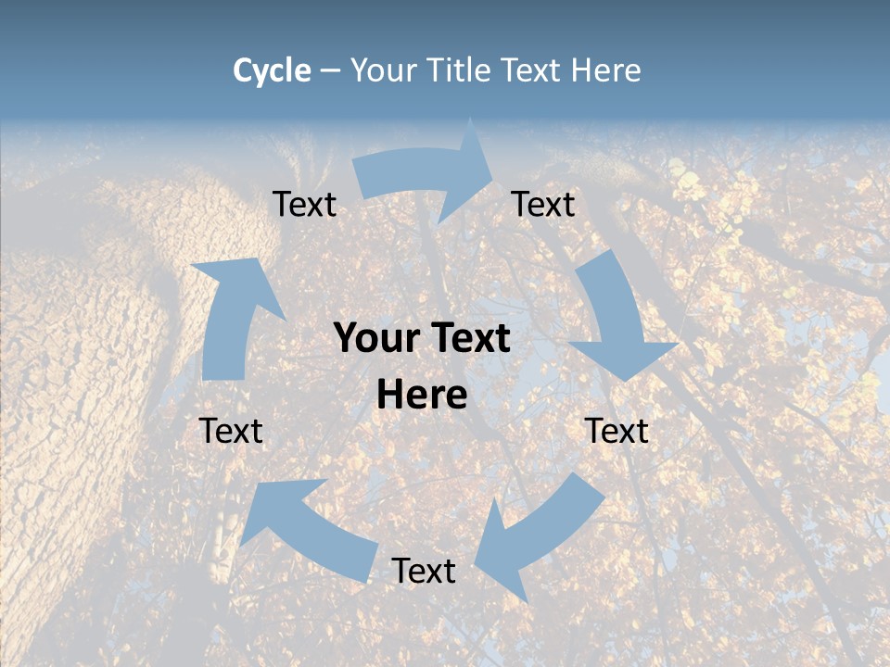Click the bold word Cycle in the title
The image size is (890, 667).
point(272,70)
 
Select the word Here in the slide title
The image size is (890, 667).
point(606,70)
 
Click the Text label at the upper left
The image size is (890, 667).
point(304,204)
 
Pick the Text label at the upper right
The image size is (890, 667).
point(543,204)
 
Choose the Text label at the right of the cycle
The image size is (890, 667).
point(617,431)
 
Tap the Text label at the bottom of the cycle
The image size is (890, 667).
point(424,571)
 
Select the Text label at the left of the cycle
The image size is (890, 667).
point(231,431)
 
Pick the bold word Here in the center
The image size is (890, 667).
point(422,396)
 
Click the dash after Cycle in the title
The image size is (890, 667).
point(330,70)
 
